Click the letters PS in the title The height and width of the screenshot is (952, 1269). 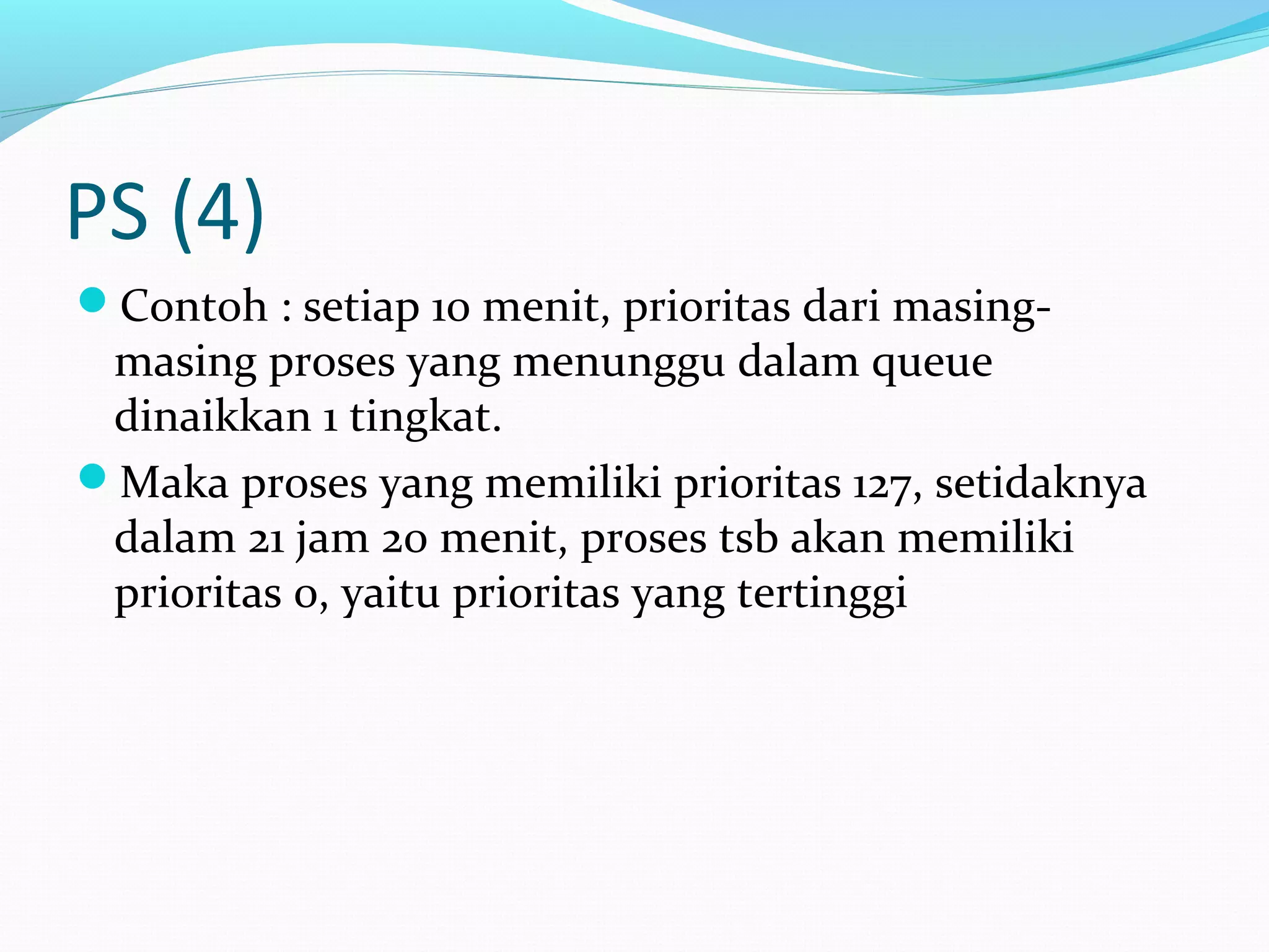click(108, 212)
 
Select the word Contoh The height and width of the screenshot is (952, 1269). click(193, 306)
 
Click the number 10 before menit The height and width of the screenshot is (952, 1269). click(450, 307)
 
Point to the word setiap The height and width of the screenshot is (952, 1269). click(361, 307)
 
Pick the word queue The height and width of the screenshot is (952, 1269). click(932, 363)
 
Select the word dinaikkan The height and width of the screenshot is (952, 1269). click(213, 416)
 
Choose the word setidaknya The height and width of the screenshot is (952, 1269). click(1040, 483)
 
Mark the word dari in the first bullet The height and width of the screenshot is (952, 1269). click(841, 306)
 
